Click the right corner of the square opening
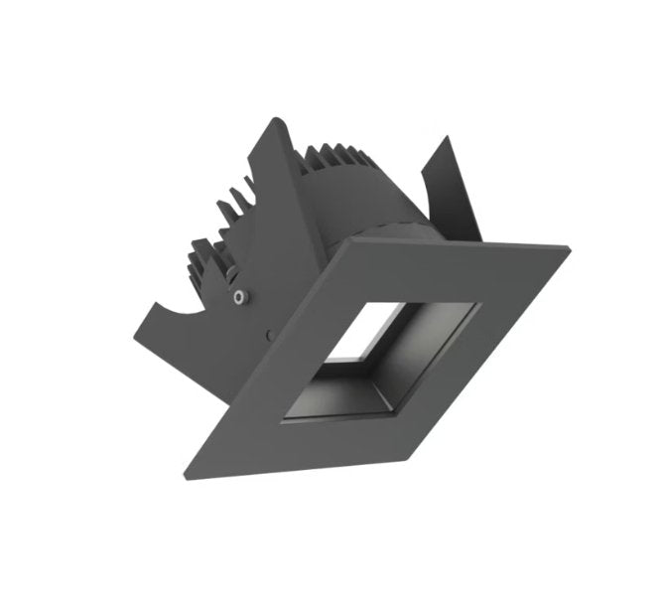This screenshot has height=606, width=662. point(480,302)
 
